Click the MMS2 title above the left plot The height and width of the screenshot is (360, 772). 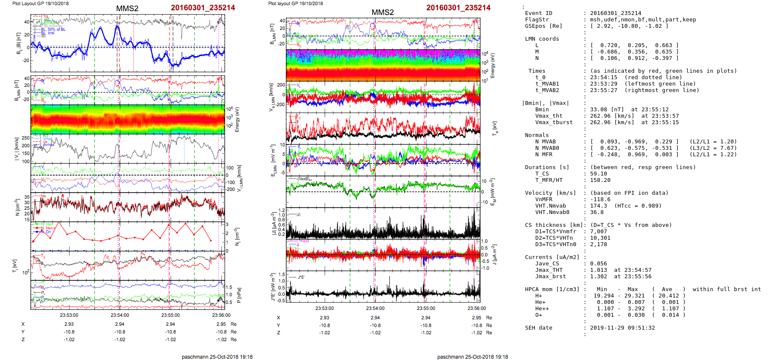[x=127, y=9]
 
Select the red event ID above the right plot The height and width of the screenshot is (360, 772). [x=458, y=8]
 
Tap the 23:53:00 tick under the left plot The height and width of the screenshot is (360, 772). [x=69, y=315]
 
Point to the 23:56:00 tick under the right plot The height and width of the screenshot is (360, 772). [x=477, y=308]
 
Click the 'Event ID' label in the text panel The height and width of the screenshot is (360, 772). [x=538, y=13]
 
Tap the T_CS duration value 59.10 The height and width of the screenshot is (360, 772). [x=598, y=174]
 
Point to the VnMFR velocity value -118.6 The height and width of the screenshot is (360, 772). [x=600, y=199]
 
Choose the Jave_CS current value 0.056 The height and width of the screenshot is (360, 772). [x=598, y=264]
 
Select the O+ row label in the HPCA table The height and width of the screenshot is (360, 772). [x=538, y=315]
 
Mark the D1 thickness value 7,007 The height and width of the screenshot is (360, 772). [x=598, y=232]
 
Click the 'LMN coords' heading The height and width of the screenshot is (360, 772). [x=542, y=39]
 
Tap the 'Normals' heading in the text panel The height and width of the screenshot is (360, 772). [x=537, y=135]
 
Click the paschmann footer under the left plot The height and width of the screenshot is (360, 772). [x=217, y=357]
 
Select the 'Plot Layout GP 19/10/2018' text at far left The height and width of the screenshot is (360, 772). [x=40, y=3]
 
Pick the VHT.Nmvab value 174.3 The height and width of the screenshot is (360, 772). [x=598, y=206]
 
